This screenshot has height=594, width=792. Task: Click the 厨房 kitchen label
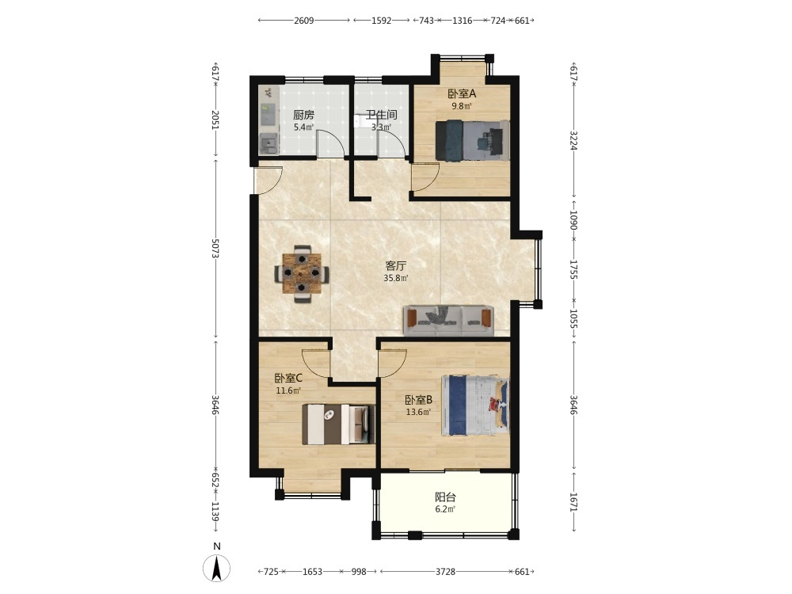point(303,115)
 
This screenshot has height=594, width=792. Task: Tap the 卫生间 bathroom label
point(382,115)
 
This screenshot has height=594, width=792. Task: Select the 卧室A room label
point(462,94)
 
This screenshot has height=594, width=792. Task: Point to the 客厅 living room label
point(395,265)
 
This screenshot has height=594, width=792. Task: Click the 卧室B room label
point(418,400)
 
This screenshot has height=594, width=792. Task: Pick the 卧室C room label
point(288,378)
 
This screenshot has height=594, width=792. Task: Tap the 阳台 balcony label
point(445,497)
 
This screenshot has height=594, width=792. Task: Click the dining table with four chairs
point(302,274)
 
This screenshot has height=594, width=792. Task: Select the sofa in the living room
point(448,321)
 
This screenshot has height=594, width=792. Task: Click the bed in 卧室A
point(472,140)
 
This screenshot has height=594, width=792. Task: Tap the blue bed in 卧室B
point(475,405)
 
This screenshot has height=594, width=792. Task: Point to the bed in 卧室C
point(338,425)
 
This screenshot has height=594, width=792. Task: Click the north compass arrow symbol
point(217,568)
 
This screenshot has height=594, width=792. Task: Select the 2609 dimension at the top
point(303,21)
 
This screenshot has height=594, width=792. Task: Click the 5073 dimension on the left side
point(215,249)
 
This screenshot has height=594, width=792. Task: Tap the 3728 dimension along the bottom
point(445,572)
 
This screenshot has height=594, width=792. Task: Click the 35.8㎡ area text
point(395,278)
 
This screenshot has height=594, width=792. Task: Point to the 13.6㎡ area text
point(418,412)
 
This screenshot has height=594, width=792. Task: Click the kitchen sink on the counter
point(268,145)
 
